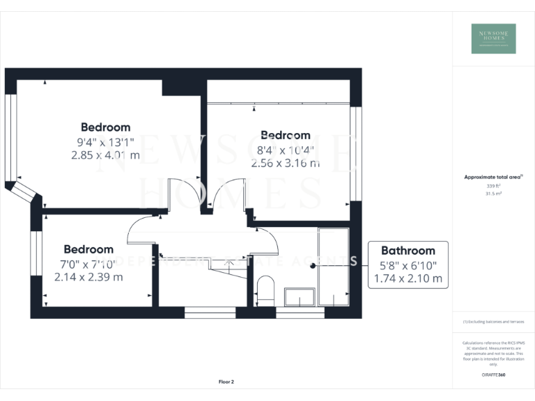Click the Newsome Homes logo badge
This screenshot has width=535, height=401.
click(x=493, y=38)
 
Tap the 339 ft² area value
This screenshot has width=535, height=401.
click(x=493, y=187)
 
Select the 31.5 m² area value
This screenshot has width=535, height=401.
click(x=493, y=194)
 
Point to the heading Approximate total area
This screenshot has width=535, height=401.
click(x=493, y=177)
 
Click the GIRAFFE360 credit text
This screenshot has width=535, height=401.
click(x=493, y=375)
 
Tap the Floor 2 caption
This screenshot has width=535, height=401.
click(x=226, y=382)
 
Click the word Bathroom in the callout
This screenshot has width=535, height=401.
click(x=408, y=251)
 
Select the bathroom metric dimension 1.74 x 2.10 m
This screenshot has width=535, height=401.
click(x=408, y=278)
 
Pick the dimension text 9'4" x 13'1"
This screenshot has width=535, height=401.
click(x=105, y=142)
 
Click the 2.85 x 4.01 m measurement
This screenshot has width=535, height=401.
click(x=105, y=155)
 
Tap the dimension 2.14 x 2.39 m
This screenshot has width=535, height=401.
click(x=88, y=276)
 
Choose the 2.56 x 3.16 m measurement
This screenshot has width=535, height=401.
click(x=286, y=164)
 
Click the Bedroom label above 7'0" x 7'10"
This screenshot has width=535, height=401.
click(x=88, y=249)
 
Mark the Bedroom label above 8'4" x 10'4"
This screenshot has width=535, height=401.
click(x=286, y=135)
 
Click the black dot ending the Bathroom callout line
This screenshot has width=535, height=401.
click(x=313, y=265)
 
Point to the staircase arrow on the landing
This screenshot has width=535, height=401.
click(x=230, y=265)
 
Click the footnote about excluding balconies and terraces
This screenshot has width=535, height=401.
click(x=493, y=322)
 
